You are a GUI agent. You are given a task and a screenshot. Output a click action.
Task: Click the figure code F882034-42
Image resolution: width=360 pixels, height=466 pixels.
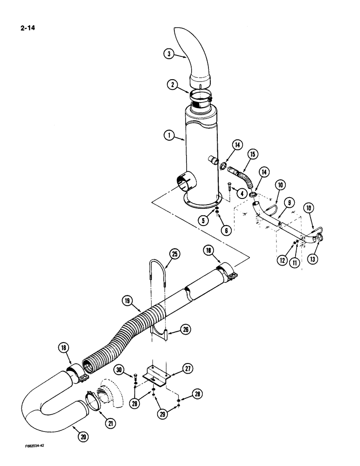[x=38, y=458]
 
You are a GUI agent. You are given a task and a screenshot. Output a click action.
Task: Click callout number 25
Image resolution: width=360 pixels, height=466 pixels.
[x=174, y=254]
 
